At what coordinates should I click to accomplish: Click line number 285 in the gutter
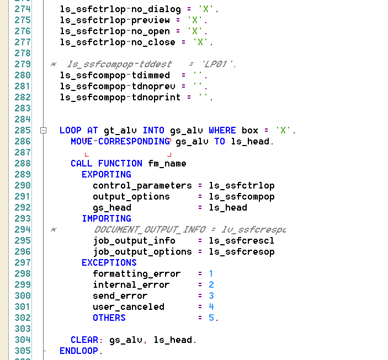point(23,131)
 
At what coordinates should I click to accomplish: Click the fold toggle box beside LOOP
point(42,131)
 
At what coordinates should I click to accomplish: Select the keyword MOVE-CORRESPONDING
point(120,142)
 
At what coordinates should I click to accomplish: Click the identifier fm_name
point(167,164)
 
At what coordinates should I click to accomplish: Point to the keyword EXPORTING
point(106,175)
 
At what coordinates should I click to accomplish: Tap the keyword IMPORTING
point(106,219)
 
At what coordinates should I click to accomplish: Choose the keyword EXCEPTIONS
point(109,263)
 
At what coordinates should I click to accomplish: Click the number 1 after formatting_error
point(211,274)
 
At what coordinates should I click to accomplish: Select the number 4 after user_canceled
point(211,307)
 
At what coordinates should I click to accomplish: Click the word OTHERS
point(109,318)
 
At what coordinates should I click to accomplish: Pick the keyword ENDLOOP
point(78,351)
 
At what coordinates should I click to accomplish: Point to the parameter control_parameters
point(142,186)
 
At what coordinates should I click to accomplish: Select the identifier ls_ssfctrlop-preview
point(114,20)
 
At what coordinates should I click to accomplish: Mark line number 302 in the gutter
point(23,318)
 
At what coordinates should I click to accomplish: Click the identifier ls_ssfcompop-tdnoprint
point(120,98)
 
